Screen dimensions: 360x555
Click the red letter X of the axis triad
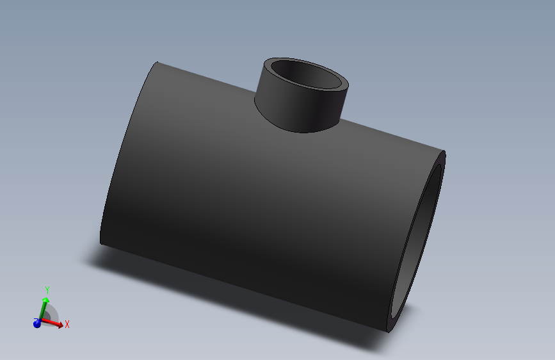[67, 324]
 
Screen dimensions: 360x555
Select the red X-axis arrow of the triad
[54, 323]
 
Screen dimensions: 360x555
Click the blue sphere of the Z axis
[37, 323]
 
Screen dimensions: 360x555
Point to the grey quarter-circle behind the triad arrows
[52, 314]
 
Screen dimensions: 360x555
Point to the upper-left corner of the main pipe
[157, 63]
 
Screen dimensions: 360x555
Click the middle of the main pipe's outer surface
[256, 199]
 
